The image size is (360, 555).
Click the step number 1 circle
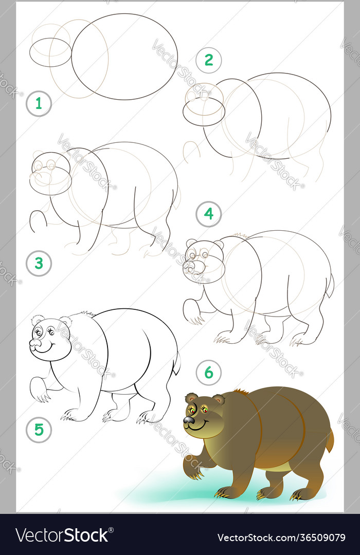39,104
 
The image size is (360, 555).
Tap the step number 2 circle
208,60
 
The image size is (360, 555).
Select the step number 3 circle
39,264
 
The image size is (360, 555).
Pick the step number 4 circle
208,214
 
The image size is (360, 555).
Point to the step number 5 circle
39,430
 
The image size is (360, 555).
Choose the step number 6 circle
208,373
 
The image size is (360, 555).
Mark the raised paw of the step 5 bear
39,390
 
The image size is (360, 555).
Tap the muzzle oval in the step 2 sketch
204,112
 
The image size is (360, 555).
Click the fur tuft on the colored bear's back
240,393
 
